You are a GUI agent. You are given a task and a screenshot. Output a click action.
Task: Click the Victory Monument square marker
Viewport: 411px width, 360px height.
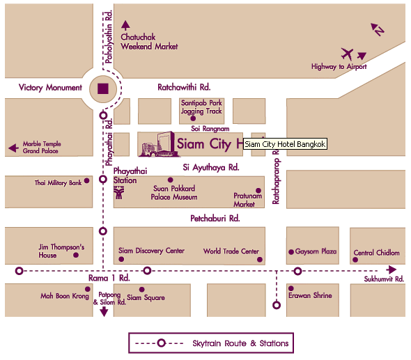pyautogui.click(x=103, y=88)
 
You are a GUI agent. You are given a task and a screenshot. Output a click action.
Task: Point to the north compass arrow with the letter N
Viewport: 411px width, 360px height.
pyautogui.click(x=377, y=29)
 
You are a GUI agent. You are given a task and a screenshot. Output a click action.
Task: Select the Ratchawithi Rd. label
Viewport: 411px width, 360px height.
pyautogui.click(x=184, y=88)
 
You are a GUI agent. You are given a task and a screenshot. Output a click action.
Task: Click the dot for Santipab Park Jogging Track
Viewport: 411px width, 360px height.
pyautogui.click(x=193, y=118)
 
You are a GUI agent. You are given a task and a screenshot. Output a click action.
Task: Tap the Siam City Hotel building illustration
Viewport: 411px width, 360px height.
pyautogui.click(x=157, y=145)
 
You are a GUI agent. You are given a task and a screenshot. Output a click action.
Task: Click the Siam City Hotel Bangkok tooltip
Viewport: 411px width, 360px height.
pyautogui.click(x=285, y=143)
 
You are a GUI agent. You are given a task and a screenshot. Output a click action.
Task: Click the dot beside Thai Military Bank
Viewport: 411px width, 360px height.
pyautogui.click(x=86, y=180)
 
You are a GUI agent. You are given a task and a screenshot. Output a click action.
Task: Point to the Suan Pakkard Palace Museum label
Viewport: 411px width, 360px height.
pyautogui.click(x=174, y=192)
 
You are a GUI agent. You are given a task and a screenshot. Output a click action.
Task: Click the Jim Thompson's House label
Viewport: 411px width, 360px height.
pyautogui.click(x=61, y=251)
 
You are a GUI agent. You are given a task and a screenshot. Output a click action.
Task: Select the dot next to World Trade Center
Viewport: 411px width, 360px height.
pyautogui.click(x=261, y=259)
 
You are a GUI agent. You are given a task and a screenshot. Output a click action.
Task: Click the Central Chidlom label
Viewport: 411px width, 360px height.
pyautogui.click(x=376, y=253)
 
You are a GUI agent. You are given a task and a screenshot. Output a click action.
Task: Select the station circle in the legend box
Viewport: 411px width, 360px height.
pyautogui.click(x=161, y=343)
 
